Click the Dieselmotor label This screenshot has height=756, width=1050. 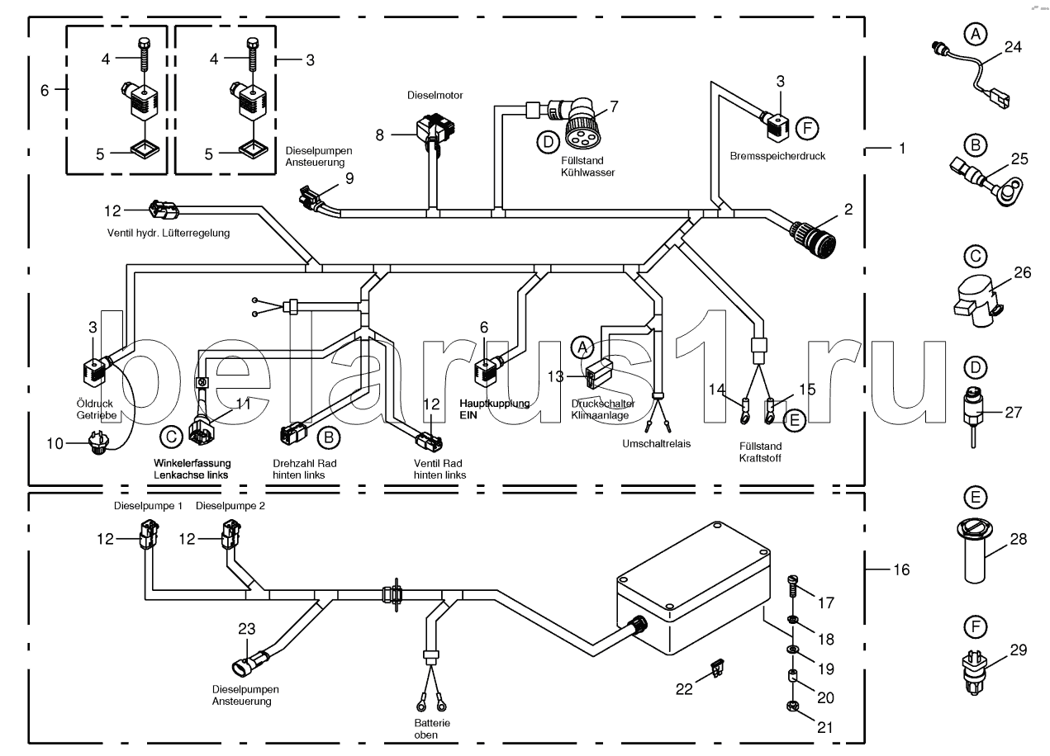(435, 95)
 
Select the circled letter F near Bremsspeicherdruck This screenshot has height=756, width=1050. (807, 129)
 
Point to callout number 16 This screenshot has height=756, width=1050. (901, 569)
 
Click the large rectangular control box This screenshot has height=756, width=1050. (694, 588)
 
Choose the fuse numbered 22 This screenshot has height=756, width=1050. (716, 668)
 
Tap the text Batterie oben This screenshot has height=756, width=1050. (431, 729)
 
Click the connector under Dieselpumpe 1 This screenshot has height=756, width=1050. (149, 534)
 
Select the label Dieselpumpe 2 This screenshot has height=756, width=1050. (230, 506)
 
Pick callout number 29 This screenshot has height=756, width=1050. (1018, 650)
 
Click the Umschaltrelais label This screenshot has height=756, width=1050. (656, 443)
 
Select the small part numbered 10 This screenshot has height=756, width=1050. (99, 444)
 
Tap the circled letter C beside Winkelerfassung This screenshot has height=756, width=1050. (171, 437)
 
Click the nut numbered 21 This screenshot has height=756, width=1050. (792, 706)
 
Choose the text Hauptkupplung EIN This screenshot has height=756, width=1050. (495, 409)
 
